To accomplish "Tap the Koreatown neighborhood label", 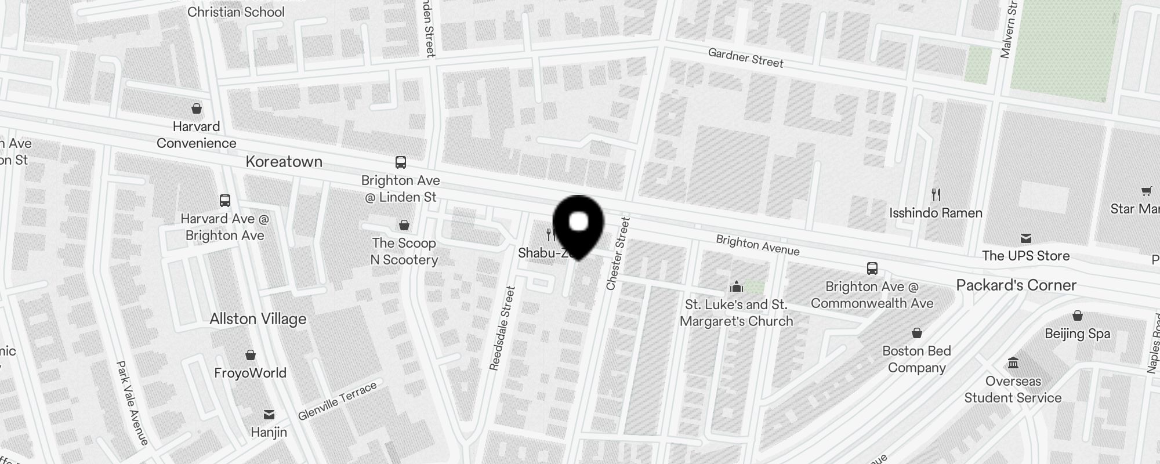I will tap(284, 161).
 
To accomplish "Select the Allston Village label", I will tap(258, 318).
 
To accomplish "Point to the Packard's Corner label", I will tap(1016, 285).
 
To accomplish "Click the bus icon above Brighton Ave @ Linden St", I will tap(400, 162).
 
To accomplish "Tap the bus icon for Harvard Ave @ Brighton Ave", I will tap(225, 201).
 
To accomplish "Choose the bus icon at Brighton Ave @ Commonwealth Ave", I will tap(872, 268).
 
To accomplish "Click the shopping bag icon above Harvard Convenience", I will tap(197, 108).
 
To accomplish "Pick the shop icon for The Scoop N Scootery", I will tap(404, 224).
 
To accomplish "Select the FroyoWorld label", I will tap(250, 372).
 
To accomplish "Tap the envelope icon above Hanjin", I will tap(269, 414).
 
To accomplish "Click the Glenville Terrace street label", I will tap(337, 401).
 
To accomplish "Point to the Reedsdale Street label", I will tap(502, 328).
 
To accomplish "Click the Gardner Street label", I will tap(745, 58).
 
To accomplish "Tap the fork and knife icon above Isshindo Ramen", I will tap(936, 194).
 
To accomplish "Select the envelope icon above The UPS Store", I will tap(1025, 238).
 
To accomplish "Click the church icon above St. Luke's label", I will tap(736, 287).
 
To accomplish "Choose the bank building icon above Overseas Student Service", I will tap(1013, 363).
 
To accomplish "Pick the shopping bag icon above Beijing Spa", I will tap(1077, 316).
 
